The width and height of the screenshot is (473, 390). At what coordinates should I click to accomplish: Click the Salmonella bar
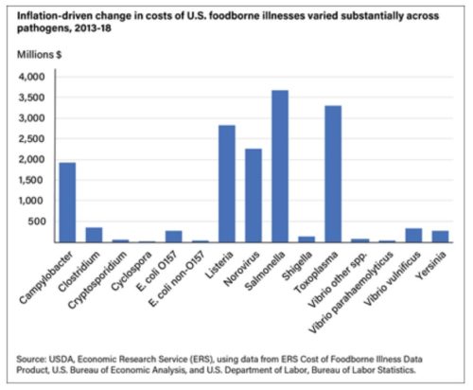coord(280,167)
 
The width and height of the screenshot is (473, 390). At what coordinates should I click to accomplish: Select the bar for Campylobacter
coord(67,203)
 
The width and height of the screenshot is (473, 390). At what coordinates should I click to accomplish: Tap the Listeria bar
coord(227,184)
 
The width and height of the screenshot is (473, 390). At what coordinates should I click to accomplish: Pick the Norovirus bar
coord(254,196)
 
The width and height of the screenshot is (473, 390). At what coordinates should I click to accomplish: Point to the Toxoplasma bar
coord(333,174)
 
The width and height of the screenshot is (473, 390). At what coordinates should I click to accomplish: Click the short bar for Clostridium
coord(94,235)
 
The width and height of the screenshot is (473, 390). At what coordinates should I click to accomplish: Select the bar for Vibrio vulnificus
coord(413,236)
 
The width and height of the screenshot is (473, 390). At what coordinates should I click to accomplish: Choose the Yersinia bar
coord(440,237)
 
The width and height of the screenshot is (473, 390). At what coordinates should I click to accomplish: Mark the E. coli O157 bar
coord(174,237)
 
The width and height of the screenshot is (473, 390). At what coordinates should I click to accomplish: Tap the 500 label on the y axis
coord(37,222)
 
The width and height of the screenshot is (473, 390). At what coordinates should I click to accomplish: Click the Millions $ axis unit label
coord(39,55)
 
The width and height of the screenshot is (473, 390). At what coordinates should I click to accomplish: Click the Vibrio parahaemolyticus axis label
coord(351,292)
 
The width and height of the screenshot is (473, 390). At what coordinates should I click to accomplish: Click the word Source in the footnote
coord(31,359)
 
